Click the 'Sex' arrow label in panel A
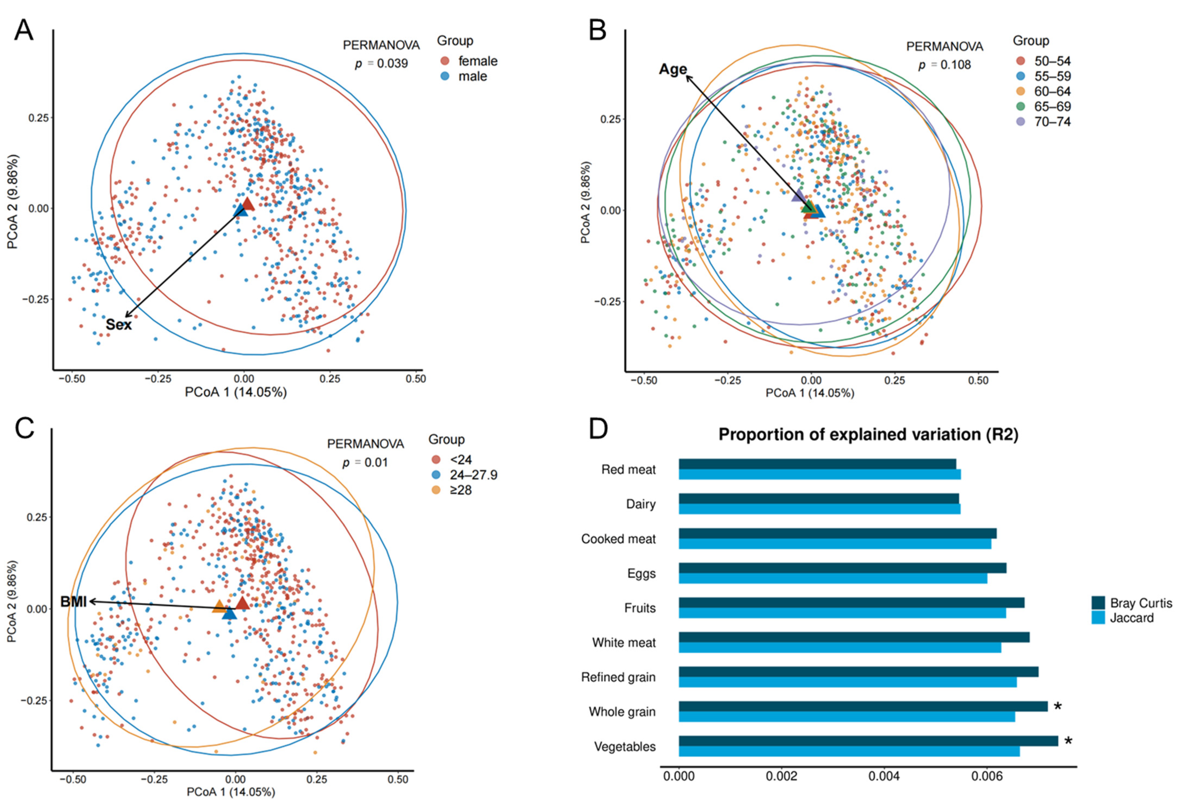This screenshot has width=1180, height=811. pyautogui.click(x=119, y=325)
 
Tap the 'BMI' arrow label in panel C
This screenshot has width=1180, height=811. pyautogui.click(x=73, y=602)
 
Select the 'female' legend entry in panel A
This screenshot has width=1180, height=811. pyautogui.click(x=477, y=61)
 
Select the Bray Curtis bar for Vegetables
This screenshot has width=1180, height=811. pyautogui.click(x=868, y=741)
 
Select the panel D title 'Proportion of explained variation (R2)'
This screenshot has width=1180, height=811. pyautogui.click(x=868, y=435)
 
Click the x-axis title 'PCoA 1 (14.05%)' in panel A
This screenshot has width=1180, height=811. pyautogui.click(x=236, y=392)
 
